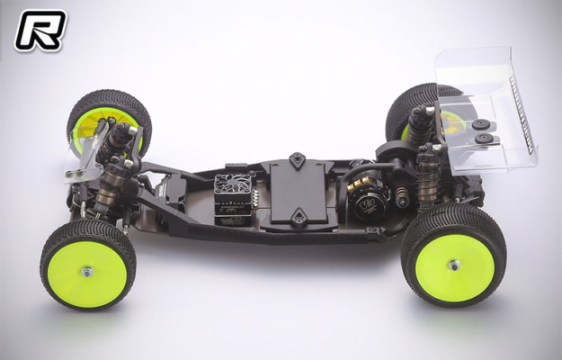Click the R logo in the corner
pyautogui.click(x=40, y=30)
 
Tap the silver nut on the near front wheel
pyautogui.click(x=87, y=270)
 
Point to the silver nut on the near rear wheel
pyautogui.click(x=454, y=265)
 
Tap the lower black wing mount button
pyautogui.click(x=485, y=139)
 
